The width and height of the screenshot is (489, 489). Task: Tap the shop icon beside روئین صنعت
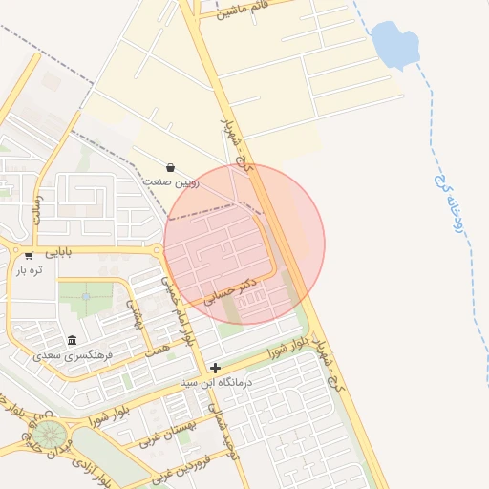(170, 167)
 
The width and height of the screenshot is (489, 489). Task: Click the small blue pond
(394, 44)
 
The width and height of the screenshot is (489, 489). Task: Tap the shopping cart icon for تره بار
(29, 256)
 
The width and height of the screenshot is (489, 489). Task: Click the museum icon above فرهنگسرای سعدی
(73, 340)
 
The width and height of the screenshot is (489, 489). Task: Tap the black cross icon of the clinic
(216, 368)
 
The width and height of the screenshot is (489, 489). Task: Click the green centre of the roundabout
(56, 435)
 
